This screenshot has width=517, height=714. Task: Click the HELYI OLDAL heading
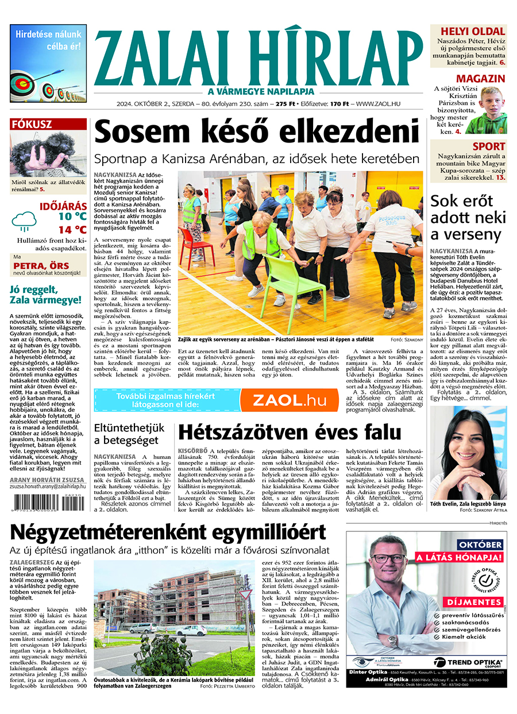(x=472, y=32)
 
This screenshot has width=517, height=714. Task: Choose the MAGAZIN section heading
(x=480, y=79)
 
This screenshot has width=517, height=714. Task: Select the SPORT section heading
(x=488, y=146)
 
